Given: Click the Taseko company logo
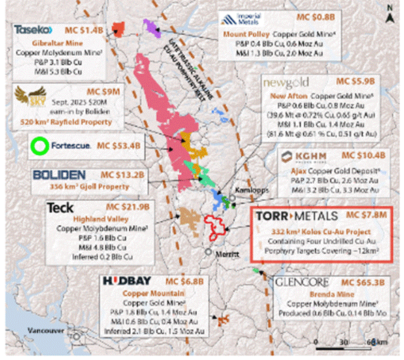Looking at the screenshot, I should tap(33, 31).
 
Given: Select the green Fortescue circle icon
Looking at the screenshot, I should tap(40, 145).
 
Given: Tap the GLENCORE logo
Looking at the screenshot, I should tap(302, 281).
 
